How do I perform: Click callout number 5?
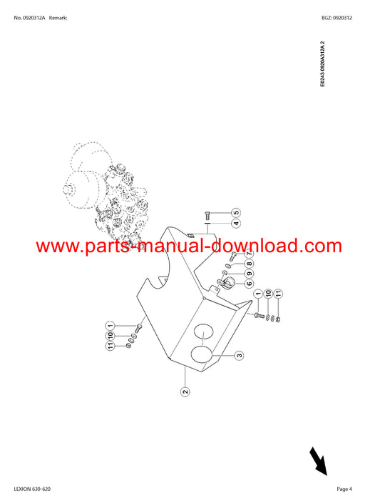pyautogui.click(x=236, y=213)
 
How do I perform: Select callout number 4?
pyautogui.click(x=236, y=223)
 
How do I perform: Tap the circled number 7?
pyautogui.click(x=249, y=254)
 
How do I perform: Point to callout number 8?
pyautogui.click(x=249, y=264)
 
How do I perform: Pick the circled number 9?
pyautogui.click(x=249, y=274)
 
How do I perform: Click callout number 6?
pyautogui.click(x=249, y=284)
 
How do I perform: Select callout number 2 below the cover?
pyautogui.click(x=185, y=392)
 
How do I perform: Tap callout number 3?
pyautogui.click(x=239, y=356)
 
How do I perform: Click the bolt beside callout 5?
pyautogui.click(x=207, y=216)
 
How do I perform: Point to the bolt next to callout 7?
pyautogui.click(x=233, y=256)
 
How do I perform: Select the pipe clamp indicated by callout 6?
pyautogui.click(x=225, y=282)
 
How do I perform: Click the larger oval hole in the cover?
pyautogui.click(x=202, y=354)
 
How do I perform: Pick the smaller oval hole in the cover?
pyautogui.click(x=203, y=331)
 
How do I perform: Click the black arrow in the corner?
pyautogui.click(x=319, y=462)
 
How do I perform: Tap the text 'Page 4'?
pyautogui.click(x=344, y=489)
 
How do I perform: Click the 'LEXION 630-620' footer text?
pyautogui.click(x=32, y=489)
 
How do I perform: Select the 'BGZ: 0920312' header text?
pyautogui.click(x=337, y=18)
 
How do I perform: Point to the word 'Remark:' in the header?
pyautogui.click(x=58, y=18)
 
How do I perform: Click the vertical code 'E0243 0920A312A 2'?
pyautogui.click(x=322, y=64)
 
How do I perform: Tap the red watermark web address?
pyautogui.click(x=189, y=246)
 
